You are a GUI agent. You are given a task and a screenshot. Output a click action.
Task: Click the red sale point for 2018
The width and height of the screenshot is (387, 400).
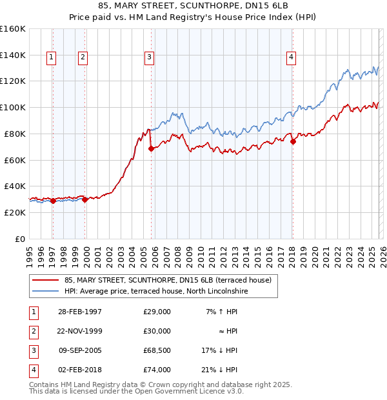(x=292, y=141)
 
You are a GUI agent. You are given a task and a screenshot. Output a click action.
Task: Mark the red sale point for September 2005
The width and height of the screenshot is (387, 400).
(x=151, y=148)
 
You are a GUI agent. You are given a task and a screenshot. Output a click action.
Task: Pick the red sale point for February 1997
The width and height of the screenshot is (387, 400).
(x=53, y=201)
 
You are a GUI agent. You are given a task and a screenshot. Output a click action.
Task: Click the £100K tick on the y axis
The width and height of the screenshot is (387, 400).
(x=13, y=107)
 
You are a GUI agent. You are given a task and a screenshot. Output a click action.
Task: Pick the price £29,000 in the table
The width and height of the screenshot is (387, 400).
(x=157, y=312)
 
